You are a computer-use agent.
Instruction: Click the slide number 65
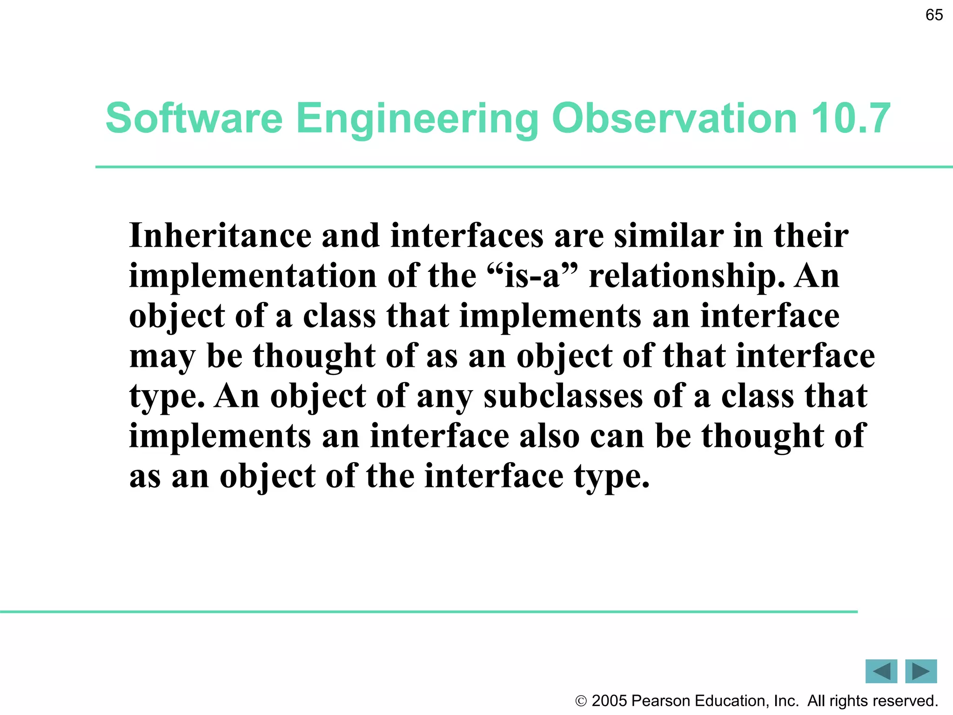point(934,15)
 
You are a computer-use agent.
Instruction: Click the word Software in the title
point(194,118)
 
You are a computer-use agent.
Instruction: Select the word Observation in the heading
point(674,118)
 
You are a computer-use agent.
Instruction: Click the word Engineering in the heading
point(417,119)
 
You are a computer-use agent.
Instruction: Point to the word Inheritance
point(220,236)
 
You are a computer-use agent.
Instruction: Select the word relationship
point(686,277)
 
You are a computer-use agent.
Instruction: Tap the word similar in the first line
point(669,236)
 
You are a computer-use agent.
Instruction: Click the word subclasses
point(563,396)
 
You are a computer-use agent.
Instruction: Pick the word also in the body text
point(549,436)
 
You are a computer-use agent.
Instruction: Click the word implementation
point(253,277)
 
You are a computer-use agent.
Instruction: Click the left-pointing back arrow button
point(881,671)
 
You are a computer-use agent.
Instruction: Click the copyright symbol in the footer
point(581,701)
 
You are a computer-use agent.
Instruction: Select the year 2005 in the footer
point(609,701)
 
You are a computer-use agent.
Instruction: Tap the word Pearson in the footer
point(661,701)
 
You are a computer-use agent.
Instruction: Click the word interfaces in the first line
point(467,236)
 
